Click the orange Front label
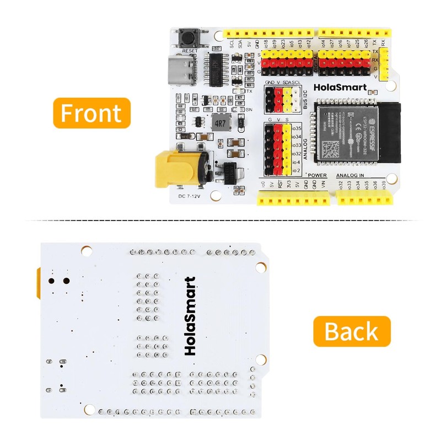pyautogui.click(x=91, y=113)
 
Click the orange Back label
pyautogui.click(x=352, y=331)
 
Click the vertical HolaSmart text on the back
pyautogui.click(x=190, y=316)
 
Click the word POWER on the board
pyautogui.click(x=318, y=175)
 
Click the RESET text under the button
pyautogui.click(x=190, y=50)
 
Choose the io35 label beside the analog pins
pyautogui.click(x=297, y=128)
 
